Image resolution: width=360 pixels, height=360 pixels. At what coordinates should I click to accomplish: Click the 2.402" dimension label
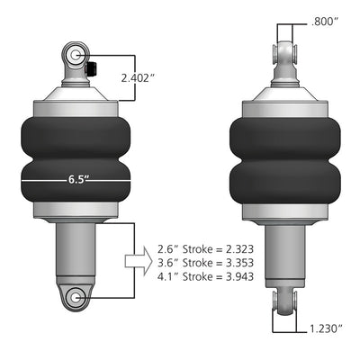139,77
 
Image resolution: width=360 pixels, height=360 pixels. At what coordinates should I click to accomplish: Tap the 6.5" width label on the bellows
79,179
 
